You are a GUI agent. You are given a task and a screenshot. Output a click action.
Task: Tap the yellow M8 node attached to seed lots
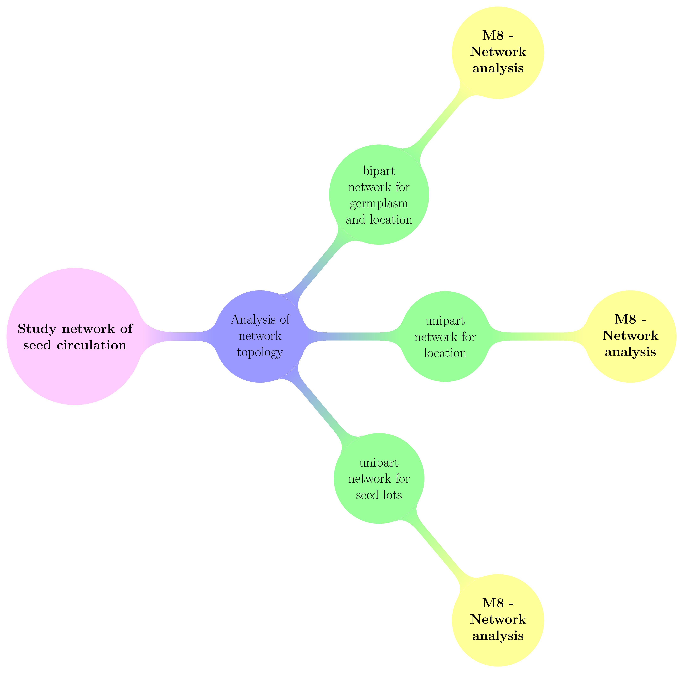click(498, 620)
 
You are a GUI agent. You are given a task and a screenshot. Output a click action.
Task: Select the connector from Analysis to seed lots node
click(318, 407)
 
